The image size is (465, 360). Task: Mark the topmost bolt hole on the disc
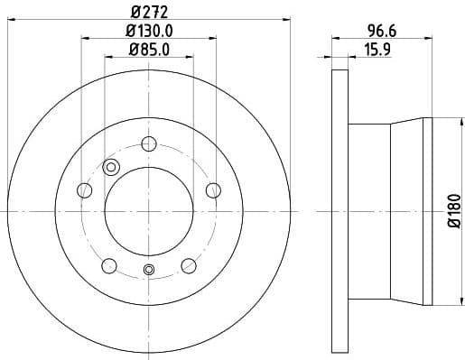pos(149,142)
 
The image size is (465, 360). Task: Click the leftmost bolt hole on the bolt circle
pos(85,189)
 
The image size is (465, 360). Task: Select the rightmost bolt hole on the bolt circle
pos(213,189)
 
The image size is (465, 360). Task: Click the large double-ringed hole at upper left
pos(112,166)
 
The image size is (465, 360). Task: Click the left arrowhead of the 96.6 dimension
pos(335,38)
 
